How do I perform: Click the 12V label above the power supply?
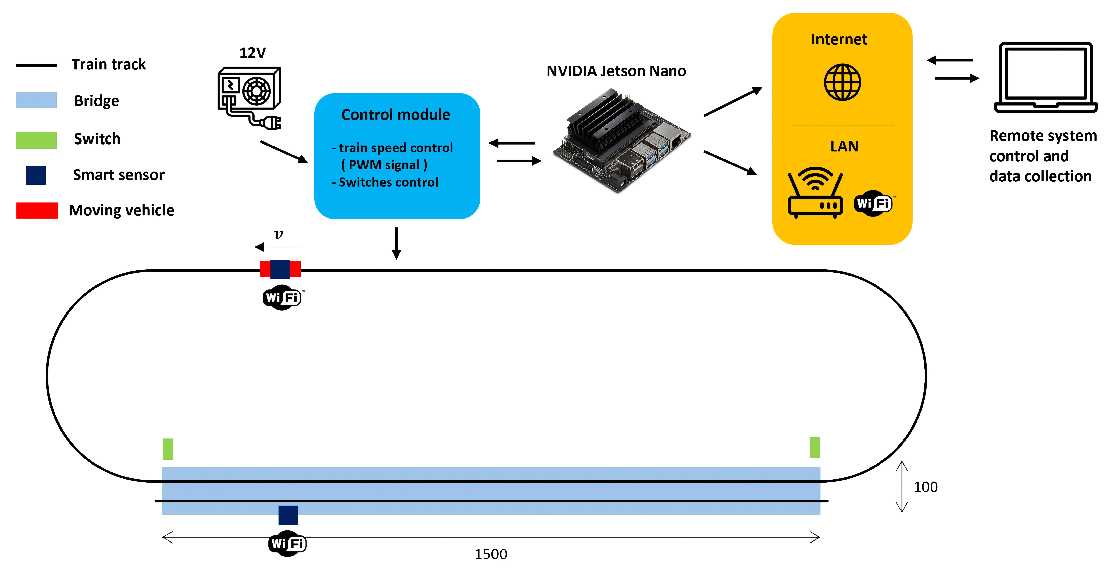(252, 53)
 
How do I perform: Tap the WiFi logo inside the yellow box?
(873, 203)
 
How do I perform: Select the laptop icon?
(1045, 78)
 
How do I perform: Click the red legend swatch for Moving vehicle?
(37, 210)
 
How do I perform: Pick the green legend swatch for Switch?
(36, 140)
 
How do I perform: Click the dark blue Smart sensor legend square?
(36, 175)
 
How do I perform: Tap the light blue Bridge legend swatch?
(36, 100)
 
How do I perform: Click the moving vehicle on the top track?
(280, 269)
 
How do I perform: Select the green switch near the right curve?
(814, 447)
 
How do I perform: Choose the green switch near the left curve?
(168, 449)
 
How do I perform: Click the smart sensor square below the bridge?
(288, 515)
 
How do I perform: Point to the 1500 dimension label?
(490, 554)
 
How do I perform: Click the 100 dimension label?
(925, 487)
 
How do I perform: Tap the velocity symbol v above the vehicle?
(278, 234)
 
